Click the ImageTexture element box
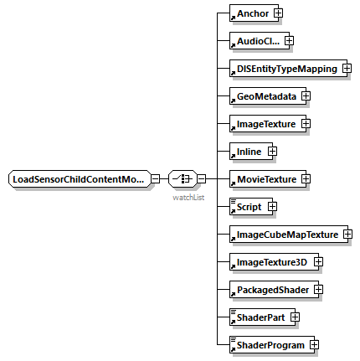click(x=265, y=123)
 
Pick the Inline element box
click(x=248, y=151)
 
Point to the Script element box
click(x=248, y=206)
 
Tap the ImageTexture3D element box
click(x=270, y=261)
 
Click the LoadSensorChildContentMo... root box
click(x=79, y=178)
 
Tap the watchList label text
click(x=188, y=199)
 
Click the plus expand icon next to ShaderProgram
click(x=312, y=344)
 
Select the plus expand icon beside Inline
click(x=271, y=151)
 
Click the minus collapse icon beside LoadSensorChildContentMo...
click(x=156, y=178)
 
